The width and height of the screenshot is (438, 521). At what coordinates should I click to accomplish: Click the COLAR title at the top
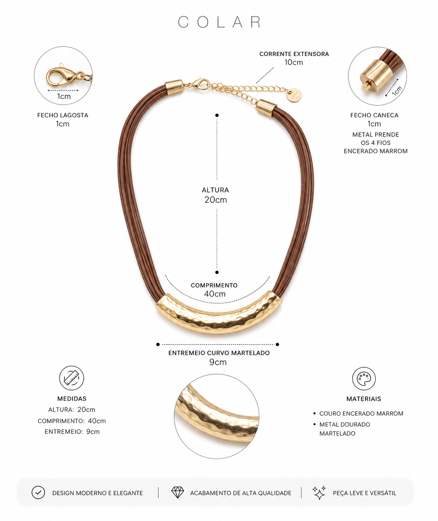click(x=219, y=22)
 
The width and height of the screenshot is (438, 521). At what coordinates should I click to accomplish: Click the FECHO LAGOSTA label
click(x=63, y=115)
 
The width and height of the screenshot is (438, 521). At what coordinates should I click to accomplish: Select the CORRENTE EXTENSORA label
click(x=294, y=54)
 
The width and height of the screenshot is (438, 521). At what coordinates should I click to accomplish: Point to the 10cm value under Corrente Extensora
click(x=294, y=62)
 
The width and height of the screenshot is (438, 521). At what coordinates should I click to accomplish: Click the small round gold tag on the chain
click(x=295, y=96)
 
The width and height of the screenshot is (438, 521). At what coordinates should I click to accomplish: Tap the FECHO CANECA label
click(x=374, y=115)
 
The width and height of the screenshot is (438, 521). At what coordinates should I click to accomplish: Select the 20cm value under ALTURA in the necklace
click(x=215, y=200)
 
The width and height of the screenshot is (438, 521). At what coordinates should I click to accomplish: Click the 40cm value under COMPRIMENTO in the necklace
click(x=215, y=294)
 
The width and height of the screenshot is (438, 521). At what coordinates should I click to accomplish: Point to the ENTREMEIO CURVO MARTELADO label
click(x=219, y=353)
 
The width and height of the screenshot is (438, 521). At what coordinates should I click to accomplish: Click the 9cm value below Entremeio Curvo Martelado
click(x=218, y=362)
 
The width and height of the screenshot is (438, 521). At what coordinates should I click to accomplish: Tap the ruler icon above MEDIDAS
click(x=72, y=378)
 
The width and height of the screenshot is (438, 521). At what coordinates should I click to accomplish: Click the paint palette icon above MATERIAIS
click(x=364, y=378)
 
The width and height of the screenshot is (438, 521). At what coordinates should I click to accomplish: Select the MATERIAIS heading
click(x=364, y=399)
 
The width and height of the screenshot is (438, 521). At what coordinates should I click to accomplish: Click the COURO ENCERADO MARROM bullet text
click(x=361, y=413)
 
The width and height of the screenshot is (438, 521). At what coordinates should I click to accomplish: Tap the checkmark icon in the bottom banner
click(x=38, y=492)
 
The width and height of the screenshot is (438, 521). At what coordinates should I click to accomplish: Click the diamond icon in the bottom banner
click(x=178, y=492)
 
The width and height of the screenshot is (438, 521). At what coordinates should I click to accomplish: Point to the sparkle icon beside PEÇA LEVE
click(x=319, y=492)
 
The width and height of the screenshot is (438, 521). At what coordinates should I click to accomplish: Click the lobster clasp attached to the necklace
click(x=201, y=84)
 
